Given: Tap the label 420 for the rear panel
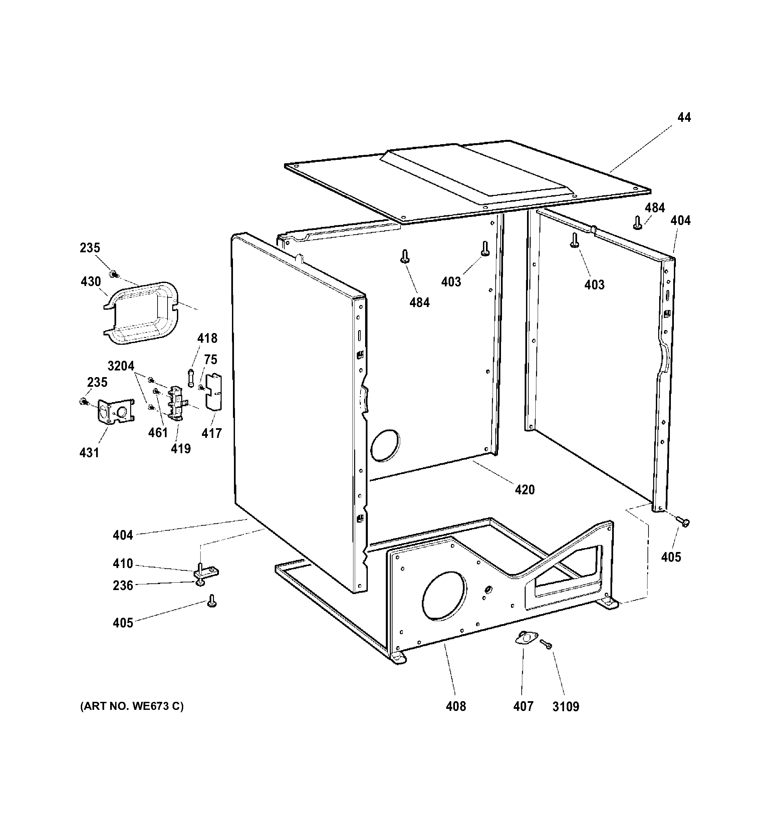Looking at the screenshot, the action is (525, 490).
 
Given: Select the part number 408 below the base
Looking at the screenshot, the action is (456, 706).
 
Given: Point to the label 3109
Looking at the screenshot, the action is (565, 706).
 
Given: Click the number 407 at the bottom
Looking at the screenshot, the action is (523, 706).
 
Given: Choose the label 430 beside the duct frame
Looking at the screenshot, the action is (90, 282).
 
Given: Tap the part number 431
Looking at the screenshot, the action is (89, 453).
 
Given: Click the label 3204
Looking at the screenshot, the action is (121, 366).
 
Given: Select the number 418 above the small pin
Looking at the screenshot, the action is (207, 338).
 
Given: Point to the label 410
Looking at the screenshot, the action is (123, 564).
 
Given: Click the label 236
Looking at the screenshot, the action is (123, 586).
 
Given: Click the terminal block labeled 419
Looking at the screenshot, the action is (176, 402).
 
